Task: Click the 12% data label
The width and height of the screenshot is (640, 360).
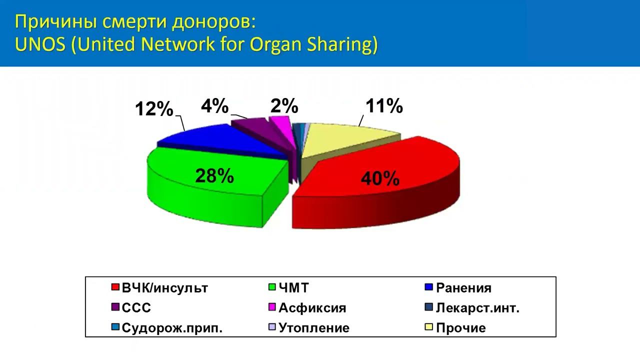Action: click(x=154, y=109)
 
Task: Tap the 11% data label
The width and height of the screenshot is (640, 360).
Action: click(x=384, y=106)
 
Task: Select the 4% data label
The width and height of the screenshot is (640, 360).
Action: click(x=215, y=106)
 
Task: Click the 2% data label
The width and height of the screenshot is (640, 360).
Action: click(x=284, y=106)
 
